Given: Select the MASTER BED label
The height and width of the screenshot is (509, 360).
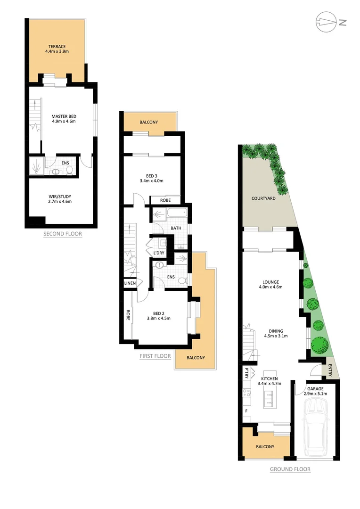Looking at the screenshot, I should coord(64,116).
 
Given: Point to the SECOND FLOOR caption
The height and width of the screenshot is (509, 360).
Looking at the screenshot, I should coord(63,234).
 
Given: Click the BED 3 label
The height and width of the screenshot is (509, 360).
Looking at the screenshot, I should coord(151,175).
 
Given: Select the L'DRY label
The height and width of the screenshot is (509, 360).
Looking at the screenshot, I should coord(159,253).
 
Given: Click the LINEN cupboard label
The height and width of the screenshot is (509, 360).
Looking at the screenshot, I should coord(130,283).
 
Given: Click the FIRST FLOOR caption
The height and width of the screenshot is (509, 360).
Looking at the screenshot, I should coord(155,356).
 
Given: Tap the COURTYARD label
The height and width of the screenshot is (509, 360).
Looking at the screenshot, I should coord(263,198).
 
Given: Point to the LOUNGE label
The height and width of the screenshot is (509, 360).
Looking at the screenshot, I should coord(271,283).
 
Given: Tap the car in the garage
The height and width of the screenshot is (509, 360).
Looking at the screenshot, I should coord(316,427).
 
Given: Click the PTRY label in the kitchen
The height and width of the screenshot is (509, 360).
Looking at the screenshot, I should coord(246,374).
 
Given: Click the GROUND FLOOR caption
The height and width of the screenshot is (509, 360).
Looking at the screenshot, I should coord(290,469).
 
